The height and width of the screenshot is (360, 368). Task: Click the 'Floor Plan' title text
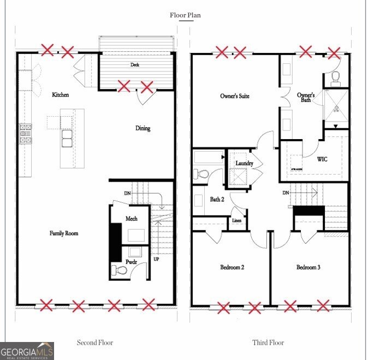point(185,15)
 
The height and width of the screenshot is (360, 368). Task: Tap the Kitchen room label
point(61,95)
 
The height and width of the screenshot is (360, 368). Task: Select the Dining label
point(143,129)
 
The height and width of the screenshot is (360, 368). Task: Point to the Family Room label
point(64,233)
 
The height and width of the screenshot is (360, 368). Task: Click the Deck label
point(135,65)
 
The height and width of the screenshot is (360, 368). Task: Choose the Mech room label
point(132,219)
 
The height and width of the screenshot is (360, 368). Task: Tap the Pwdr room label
point(131,262)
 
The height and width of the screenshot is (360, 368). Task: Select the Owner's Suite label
point(235,96)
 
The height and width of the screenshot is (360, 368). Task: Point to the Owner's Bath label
point(306,98)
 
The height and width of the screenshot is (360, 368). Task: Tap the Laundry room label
point(244,164)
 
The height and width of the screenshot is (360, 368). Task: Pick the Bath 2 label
point(217,200)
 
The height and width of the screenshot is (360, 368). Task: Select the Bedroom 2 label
point(232,267)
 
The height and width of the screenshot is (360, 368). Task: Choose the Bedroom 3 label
point(308,267)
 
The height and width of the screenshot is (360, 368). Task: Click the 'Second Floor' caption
point(94,343)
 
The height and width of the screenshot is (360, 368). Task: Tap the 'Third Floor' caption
point(268,343)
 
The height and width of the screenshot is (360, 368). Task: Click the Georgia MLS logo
point(27,351)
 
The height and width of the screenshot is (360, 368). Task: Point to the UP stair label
point(156,259)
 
